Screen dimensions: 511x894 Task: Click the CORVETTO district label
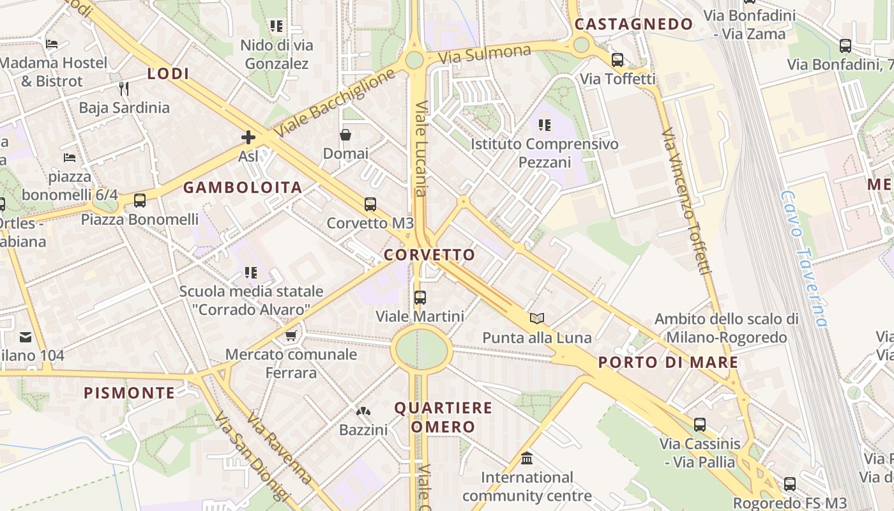[x=430, y=255]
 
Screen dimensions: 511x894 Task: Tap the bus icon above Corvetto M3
[x=370, y=204]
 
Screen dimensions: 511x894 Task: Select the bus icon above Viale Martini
[x=420, y=297]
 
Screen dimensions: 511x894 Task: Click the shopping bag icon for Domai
[x=345, y=135]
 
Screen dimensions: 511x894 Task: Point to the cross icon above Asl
[x=248, y=137]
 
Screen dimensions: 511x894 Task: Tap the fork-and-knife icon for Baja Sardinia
[x=124, y=88]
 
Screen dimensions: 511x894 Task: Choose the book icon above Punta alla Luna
[x=537, y=318]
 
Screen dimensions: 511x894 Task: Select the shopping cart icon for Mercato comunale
[x=291, y=335]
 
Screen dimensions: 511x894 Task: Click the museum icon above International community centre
[x=527, y=458]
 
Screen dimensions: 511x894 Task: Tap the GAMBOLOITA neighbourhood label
[x=243, y=187]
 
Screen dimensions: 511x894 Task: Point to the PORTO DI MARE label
[x=668, y=363]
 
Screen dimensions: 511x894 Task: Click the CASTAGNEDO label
[x=633, y=24]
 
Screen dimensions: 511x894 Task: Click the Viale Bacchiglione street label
[x=335, y=103]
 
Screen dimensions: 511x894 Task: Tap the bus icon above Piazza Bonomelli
[x=140, y=201]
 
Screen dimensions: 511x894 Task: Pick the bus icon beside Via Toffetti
[x=617, y=60]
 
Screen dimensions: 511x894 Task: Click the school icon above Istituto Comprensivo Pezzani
[x=544, y=125]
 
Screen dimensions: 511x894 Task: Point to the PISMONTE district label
[x=130, y=393]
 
